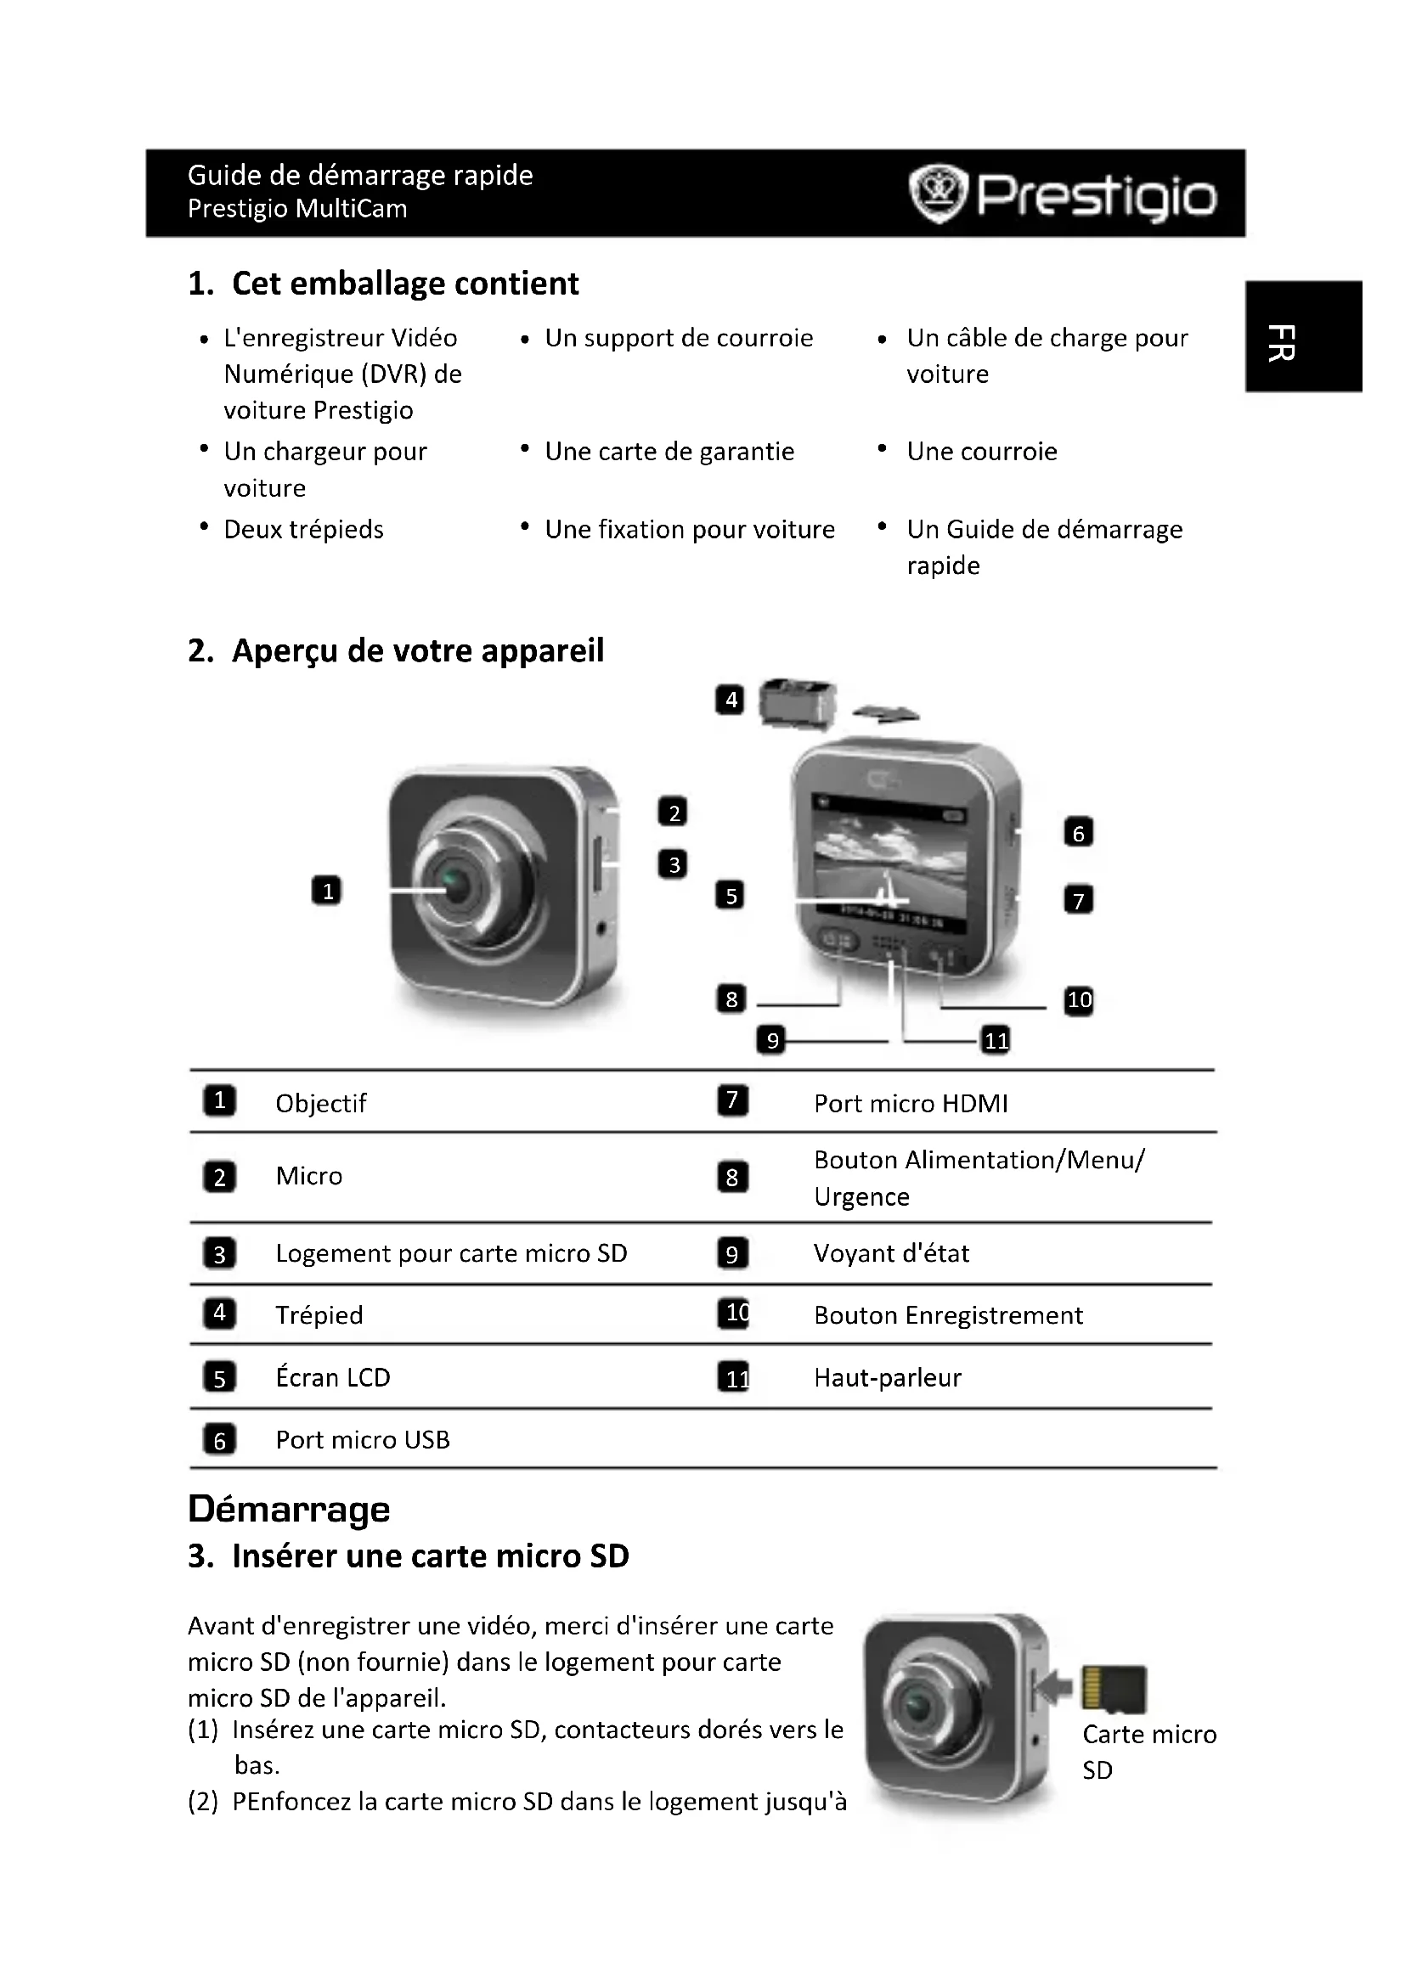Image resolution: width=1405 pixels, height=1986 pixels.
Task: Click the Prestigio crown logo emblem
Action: [x=936, y=194]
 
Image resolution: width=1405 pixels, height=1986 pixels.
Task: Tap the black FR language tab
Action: [x=1304, y=336]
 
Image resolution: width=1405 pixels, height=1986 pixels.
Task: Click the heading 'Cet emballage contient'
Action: [x=405, y=284]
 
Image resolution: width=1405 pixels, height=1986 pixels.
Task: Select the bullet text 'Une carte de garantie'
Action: [x=669, y=452]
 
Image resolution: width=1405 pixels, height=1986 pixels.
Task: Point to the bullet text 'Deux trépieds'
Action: [x=303, y=529]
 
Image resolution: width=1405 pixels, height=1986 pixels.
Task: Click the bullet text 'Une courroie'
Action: [x=982, y=452]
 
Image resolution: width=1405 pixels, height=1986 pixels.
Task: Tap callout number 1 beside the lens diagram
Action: [x=326, y=890]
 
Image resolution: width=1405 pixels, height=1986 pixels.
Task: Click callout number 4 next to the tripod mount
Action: [x=731, y=699]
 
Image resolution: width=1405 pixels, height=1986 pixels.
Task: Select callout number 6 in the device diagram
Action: [x=1078, y=833]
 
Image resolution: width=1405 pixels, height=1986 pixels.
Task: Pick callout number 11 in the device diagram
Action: [x=996, y=1040]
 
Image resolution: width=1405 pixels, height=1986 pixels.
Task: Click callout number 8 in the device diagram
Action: [x=731, y=999]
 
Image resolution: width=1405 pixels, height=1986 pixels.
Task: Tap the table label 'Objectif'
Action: [x=321, y=1104]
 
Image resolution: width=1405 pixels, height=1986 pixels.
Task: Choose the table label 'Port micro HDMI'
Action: [x=911, y=1104]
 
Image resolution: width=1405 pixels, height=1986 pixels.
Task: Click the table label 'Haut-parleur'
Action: [x=888, y=1378]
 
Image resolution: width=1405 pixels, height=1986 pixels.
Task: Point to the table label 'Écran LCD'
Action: [x=333, y=1378]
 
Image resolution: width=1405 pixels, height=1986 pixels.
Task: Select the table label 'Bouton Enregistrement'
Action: [x=948, y=1315]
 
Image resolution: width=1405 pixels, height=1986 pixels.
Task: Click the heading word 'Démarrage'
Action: [x=289, y=1509]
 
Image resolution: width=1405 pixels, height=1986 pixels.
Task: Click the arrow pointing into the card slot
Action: [x=1055, y=1686]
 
